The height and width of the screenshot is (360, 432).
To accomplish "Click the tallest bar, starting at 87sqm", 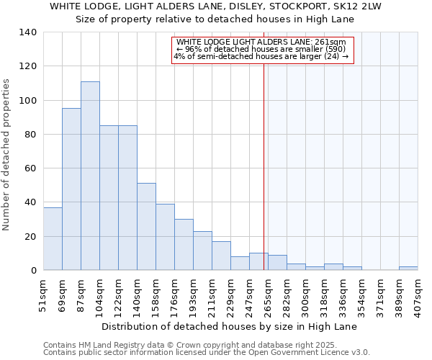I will coord(90,176).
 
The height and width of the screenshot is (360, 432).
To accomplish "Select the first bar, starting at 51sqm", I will coord(53,238).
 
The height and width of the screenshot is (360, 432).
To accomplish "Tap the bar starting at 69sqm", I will coord(71,189).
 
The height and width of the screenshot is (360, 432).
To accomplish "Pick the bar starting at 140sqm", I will coord(146,226).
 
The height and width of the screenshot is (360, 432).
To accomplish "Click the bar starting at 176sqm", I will coord(184,244).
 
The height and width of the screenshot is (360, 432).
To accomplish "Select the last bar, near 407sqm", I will coord(408,269).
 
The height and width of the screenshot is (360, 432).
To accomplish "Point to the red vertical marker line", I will coord(264,158).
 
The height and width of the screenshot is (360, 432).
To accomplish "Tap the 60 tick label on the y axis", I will coord(31,168).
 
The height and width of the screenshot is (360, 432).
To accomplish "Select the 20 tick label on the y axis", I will coord(31,236).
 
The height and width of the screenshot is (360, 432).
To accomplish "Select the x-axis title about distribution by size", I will coord(229,326).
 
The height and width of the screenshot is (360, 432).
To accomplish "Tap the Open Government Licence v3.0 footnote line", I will coord(207,353).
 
